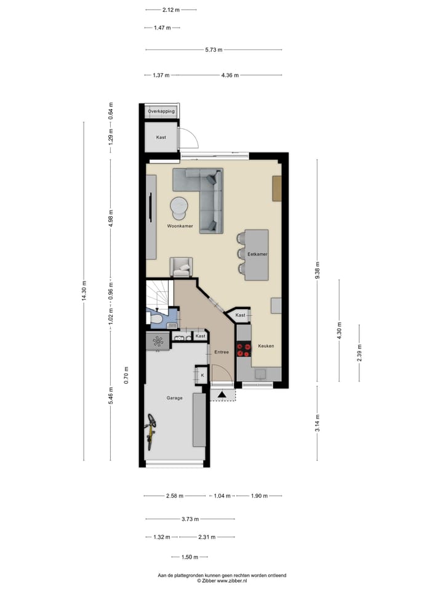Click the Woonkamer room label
pyautogui.click(x=180, y=226)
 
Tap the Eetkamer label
pyautogui.click(x=257, y=253)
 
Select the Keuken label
pyautogui.click(x=266, y=346)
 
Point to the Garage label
pyautogui.click(x=174, y=398)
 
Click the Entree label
pyautogui.click(x=221, y=352)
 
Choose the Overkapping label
pyautogui.click(x=161, y=111)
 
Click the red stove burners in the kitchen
pyautogui.click(x=244, y=350)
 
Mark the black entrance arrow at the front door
pyautogui.click(x=221, y=394)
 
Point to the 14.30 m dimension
pyautogui.click(x=84, y=291)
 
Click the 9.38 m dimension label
pyautogui.click(x=317, y=269)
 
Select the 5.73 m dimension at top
pyautogui.click(x=214, y=50)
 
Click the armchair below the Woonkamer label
pyautogui.click(x=182, y=267)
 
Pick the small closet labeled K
pyautogui.click(x=201, y=374)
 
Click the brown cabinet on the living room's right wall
pyautogui.click(x=277, y=189)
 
